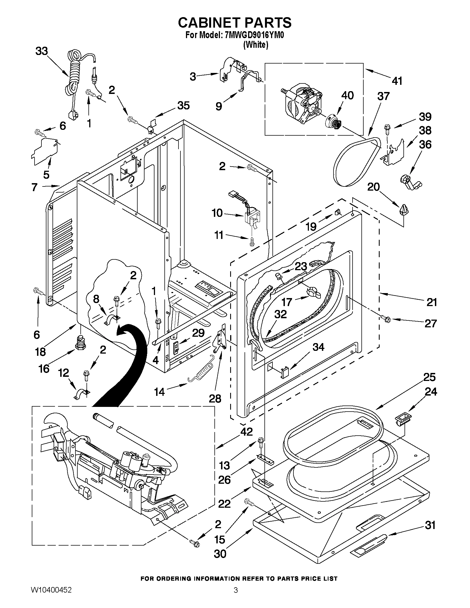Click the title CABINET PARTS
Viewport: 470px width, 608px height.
[234, 23]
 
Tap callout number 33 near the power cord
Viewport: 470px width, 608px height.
[42, 51]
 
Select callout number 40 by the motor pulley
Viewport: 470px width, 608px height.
[347, 95]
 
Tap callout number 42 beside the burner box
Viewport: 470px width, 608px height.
[246, 431]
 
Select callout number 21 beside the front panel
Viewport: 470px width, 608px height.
[431, 302]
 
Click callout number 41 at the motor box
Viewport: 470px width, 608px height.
[397, 81]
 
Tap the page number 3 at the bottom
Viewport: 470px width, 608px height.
[236, 597]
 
